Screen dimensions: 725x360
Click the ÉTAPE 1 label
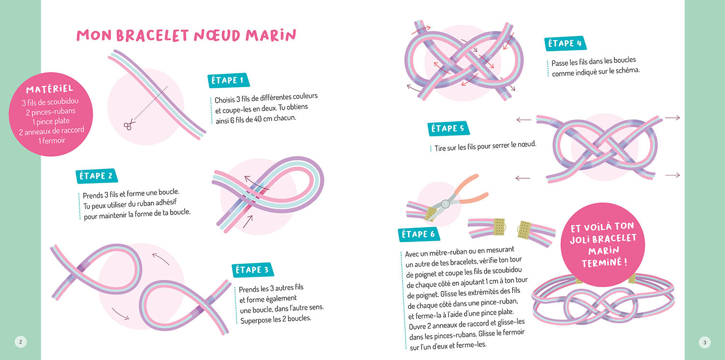click(x=228, y=80)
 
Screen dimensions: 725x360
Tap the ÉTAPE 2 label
click(x=97, y=176)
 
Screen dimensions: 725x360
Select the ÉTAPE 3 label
click(x=252, y=270)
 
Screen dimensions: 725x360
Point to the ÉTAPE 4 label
click(x=565, y=43)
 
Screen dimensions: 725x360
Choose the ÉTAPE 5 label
click(x=448, y=129)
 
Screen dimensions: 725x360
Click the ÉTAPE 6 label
click(x=419, y=234)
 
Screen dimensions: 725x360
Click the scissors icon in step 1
click(x=129, y=125)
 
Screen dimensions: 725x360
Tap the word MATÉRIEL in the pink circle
click(x=50, y=89)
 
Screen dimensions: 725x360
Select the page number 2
click(x=21, y=342)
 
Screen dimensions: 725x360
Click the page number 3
click(x=705, y=343)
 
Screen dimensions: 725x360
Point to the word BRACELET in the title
click(x=152, y=36)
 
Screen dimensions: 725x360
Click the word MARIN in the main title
click(x=271, y=35)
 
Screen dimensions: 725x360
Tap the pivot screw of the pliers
click(x=445, y=203)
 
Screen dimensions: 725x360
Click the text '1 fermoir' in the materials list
click(x=52, y=141)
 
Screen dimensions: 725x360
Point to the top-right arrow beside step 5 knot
click(x=672, y=118)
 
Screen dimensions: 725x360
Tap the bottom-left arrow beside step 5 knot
click(x=522, y=178)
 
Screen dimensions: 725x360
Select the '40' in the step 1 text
click(x=258, y=119)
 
